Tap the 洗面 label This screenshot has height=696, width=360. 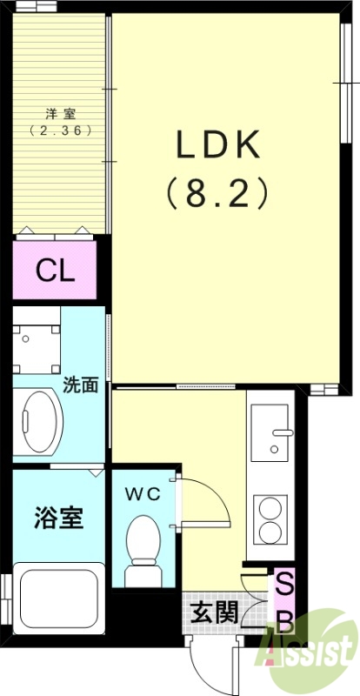(x=81, y=385)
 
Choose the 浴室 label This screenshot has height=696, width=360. (x=59, y=518)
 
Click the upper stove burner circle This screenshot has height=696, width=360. (x=270, y=507)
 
